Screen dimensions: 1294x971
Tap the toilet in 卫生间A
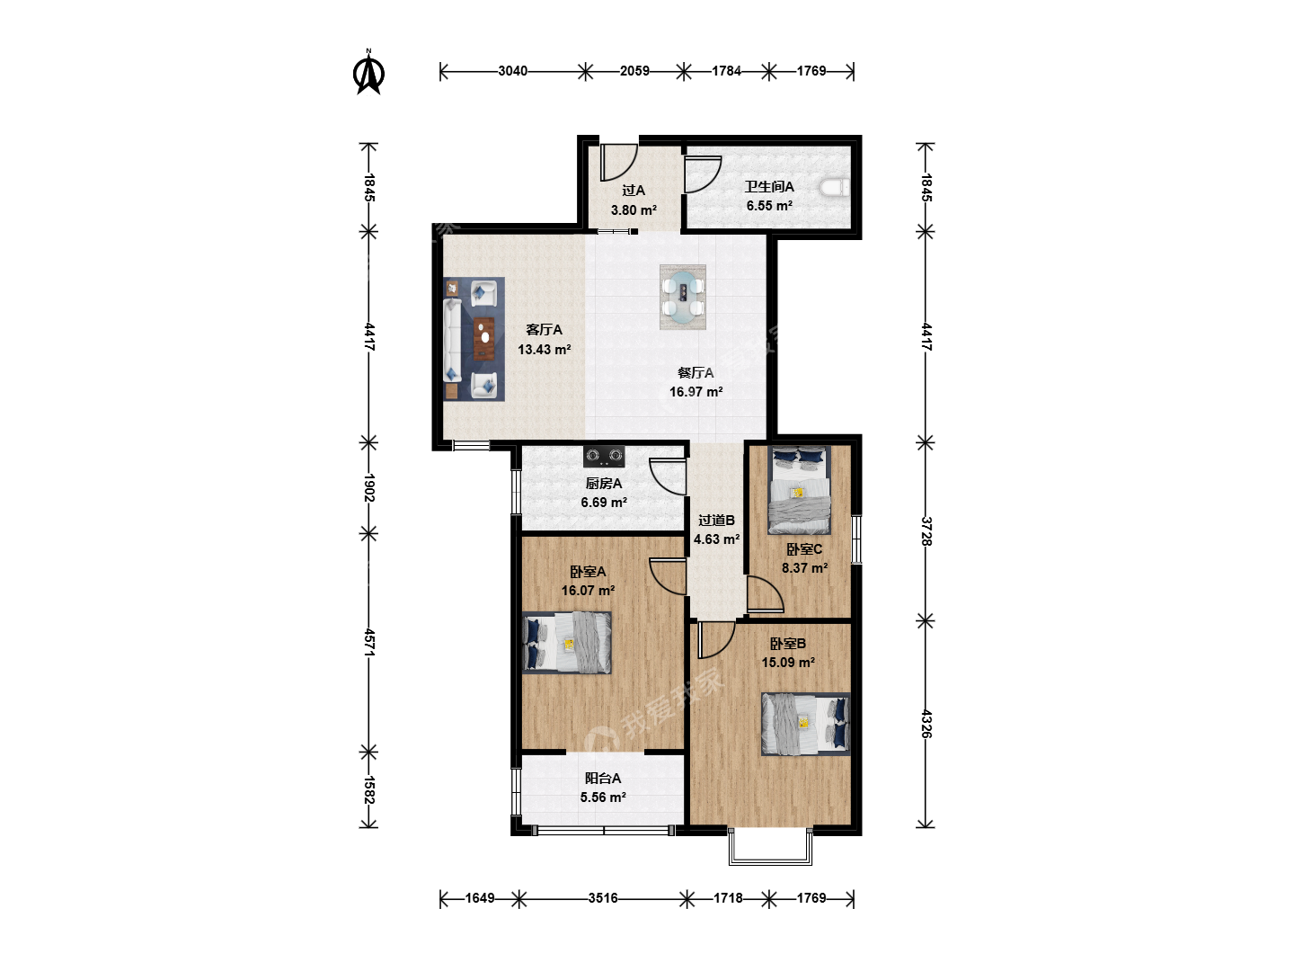tap(834, 188)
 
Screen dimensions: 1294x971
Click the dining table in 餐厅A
tap(683, 297)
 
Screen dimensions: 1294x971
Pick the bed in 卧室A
tap(567, 643)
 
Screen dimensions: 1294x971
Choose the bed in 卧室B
tap(805, 724)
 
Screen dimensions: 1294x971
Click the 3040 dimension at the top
tap(513, 71)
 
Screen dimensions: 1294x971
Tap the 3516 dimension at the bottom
tap(602, 898)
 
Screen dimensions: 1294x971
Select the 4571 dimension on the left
tap(369, 643)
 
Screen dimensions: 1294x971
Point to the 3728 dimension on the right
tap(926, 531)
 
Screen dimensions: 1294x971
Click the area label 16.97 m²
tap(696, 392)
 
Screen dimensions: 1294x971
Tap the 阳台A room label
tap(602, 779)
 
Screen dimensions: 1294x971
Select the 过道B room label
tap(716, 521)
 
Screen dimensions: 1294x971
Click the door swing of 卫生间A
tap(703, 174)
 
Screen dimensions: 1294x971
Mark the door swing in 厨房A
tap(668, 477)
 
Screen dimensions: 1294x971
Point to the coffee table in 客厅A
tap(484, 338)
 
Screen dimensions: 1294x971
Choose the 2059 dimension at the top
tap(634, 71)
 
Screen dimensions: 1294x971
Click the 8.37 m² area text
tap(804, 568)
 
